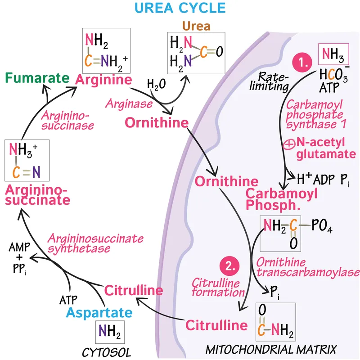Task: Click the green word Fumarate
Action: coord(37,78)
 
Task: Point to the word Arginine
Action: coord(104,80)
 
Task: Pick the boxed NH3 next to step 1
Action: coord(333,57)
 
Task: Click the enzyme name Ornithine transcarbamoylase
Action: coord(307,267)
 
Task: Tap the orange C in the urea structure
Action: coord(203,53)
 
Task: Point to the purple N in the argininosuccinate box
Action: coord(36,171)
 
